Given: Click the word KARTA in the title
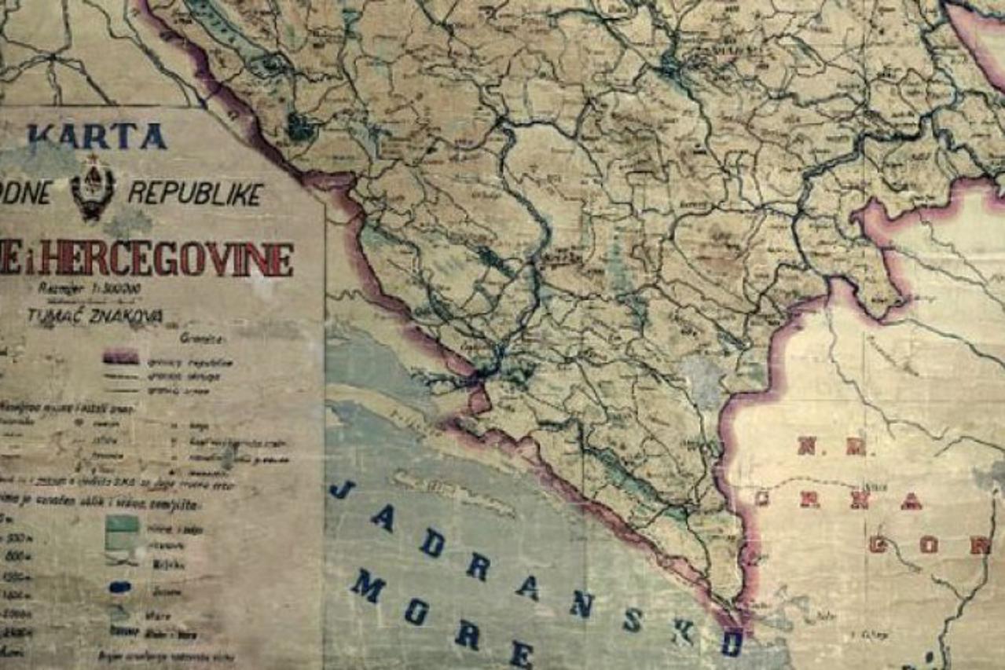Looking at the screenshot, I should tap(97, 136).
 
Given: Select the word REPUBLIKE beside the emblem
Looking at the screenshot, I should tap(195, 193).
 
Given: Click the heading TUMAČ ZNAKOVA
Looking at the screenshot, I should tap(94, 315).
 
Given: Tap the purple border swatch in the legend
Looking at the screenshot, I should tap(120, 357).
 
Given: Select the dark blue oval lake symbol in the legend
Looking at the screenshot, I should tap(120, 586).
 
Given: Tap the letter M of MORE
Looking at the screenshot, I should tap(366, 585).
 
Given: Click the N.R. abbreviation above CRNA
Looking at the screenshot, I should tap(832, 447).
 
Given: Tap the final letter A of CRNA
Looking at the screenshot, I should tap(911, 500).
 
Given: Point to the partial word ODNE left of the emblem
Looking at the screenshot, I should tap(26, 193).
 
